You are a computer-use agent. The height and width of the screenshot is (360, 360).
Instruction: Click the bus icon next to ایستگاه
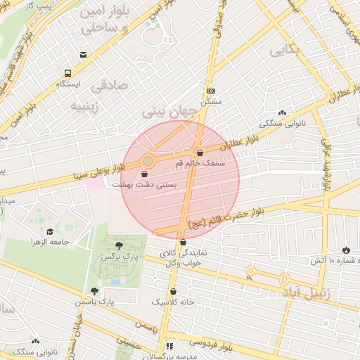[67, 73]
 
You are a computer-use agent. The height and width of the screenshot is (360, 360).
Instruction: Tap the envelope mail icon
[84, 55]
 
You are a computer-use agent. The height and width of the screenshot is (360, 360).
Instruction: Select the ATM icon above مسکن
[212, 91]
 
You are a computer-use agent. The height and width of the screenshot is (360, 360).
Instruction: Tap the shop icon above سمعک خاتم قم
[200, 153]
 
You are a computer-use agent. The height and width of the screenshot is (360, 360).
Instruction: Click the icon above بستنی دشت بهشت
[145, 173]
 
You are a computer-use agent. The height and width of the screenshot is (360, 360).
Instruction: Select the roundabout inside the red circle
[148, 162]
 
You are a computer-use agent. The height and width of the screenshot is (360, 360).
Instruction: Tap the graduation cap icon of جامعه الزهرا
[50, 232]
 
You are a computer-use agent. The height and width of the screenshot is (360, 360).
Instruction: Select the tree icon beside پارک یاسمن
[94, 291]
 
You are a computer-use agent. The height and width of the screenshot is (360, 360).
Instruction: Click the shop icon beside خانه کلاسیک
[173, 291]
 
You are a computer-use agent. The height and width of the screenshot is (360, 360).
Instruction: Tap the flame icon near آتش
[346, 250]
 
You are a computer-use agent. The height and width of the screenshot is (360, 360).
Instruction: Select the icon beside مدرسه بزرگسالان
[169, 347]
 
